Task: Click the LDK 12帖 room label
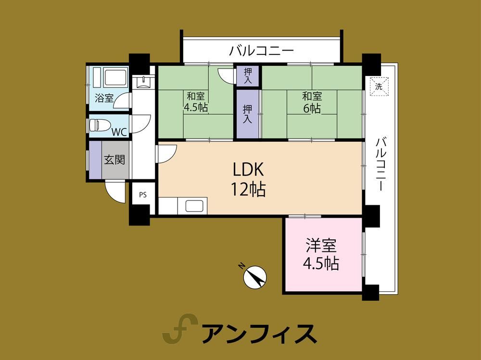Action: click(x=249, y=179)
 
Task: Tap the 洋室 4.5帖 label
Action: click(x=321, y=254)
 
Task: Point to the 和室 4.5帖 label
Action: click(x=196, y=102)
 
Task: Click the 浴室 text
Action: click(x=104, y=98)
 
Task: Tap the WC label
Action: click(x=119, y=132)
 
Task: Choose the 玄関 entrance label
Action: click(x=114, y=160)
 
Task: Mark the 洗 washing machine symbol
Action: click(x=379, y=87)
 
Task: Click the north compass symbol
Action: click(x=254, y=276)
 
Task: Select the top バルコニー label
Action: click(x=262, y=50)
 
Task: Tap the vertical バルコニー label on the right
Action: click(x=380, y=164)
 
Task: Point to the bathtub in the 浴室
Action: click(x=115, y=78)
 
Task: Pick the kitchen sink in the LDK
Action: click(x=194, y=206)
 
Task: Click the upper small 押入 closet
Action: click(x=248, y=76)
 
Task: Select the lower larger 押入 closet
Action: click(x=247, y=114)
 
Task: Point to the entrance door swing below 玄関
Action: click(x=115, y=191)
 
